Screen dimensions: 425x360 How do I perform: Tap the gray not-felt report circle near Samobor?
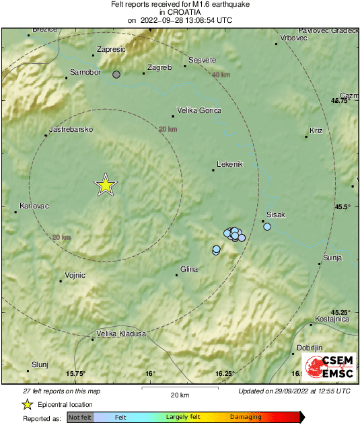pyautogui.click(x=116, y=75)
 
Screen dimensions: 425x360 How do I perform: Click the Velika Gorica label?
pyautogui.click(x=199, y=110)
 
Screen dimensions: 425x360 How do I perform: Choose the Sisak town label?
pyautogui.click(x=276, y=215)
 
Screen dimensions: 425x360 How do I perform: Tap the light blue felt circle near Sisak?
pyautogui.click(x=267, y=227)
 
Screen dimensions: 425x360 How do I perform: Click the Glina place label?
pyautogui.click(x=189, y=269)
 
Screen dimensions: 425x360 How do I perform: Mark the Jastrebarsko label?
pyautogui.click(x=71, y=129)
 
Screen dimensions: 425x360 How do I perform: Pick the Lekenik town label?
pyautogui.click(x=229, y=164)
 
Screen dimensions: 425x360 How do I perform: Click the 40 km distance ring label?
pyautogui.click(x=220, y=75)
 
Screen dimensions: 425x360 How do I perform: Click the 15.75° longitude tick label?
pyautogui.click(x=76, y=374)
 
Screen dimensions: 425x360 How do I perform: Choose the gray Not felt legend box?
pyautogui.click(x=81, y=418)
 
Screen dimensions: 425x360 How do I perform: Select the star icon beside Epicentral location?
pyautogui.click(x=27, y=404)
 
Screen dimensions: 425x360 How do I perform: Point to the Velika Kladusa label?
pyautogui.click(x=121, y=334)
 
